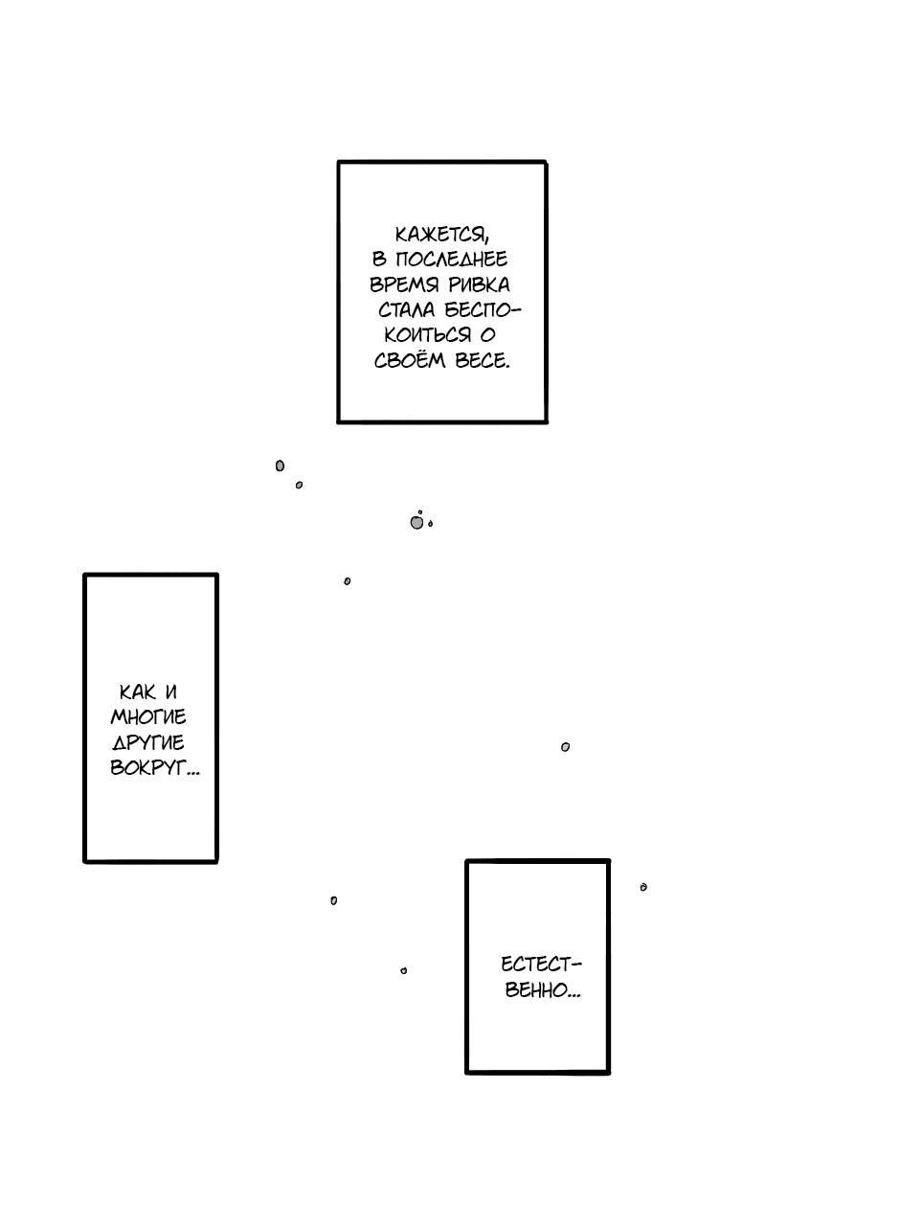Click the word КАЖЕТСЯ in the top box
pyautogui.click(x=441, y=235)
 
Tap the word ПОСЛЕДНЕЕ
pyautogui.click(x=451, y=260)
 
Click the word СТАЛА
pyautogui.click(x=407, y=310)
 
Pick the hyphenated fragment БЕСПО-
pyautogui.click(x=484, y=310)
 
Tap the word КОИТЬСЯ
pyautogui.click(x=427, y=335)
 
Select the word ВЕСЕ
pyautogui.click(x=483, y=361)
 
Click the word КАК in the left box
pyautogui.click(x=137, y=692)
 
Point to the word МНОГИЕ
pyautogui.click(x=148, y=717)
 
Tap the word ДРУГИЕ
pyautogui.click(x=148, y=742)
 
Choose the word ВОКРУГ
pyautogui.click(x=154, y=768)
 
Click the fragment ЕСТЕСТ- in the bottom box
pyautogui.click(x=541, y=965)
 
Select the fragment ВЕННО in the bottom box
pyautogui.click(x=543, y=990)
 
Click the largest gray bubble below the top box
pyautogui.click(x=416, y=523)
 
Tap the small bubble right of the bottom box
pyautogui.click(x=643, y=887)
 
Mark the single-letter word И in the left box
pyautogui.click(x=171, y=692)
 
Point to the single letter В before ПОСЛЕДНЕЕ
pyautogui.click(x=379, y=260)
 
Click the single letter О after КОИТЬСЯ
pyautogui.click(x=487, y=335)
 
